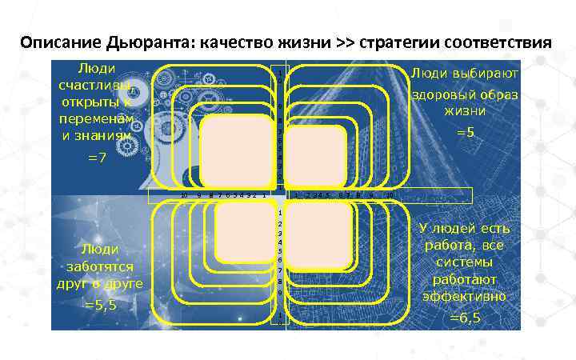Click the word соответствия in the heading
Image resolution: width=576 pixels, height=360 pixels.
tap(497, 42)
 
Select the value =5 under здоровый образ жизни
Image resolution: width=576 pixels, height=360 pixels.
tap(465, 130)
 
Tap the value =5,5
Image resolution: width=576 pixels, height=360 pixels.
tap(100, 305)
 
